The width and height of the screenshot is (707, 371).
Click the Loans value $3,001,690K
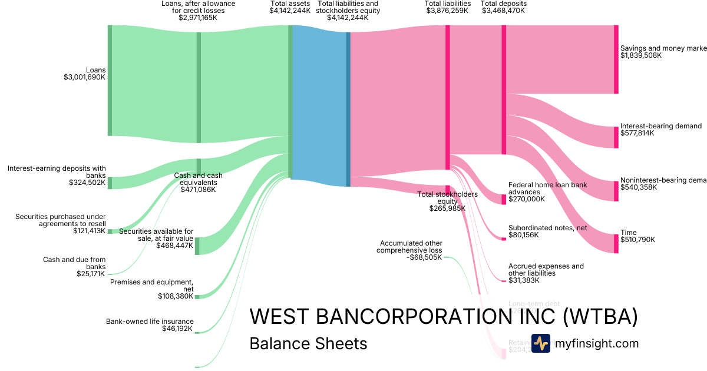click(x=84, y=77)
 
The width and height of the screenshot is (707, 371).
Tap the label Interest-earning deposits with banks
click(x=57, y=172)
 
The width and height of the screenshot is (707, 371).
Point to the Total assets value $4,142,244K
click(x=290, y=11)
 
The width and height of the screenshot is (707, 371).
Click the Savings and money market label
click(x=663, y=48)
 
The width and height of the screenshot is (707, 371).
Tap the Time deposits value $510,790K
click(x=637, y=240)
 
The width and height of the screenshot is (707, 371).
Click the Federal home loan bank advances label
click(x=547, y=188)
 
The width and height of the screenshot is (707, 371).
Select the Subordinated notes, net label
click(x=547, y=227)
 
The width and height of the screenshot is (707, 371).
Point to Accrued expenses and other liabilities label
click(x=546, y=270)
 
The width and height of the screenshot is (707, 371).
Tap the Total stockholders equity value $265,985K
click(x=447, y=208)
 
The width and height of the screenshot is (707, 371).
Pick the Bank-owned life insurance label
click(x=149, y=322)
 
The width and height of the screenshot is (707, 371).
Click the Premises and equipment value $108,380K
click(x=175, y=296)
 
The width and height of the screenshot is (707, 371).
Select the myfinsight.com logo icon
click(x=541, y=343)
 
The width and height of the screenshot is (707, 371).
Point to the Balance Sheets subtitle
click(x=308, y=343)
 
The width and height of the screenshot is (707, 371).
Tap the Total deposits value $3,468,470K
click(x=504, y=11)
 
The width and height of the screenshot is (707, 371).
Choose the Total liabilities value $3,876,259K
click(x=447, y=11)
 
